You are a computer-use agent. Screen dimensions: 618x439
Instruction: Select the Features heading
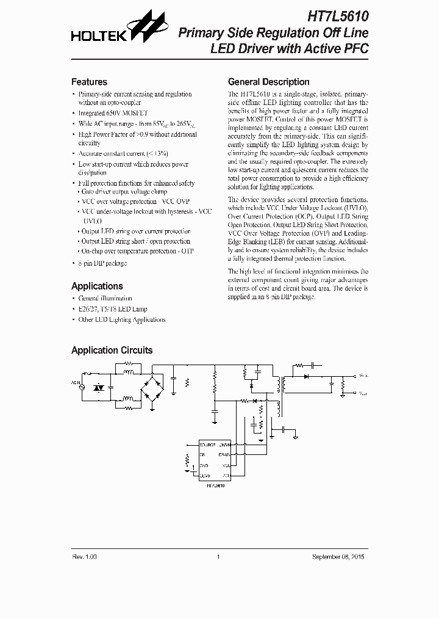coord(89,82)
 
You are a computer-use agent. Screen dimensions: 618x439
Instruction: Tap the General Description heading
coord(268,82)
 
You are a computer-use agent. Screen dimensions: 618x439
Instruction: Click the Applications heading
coord(97,286)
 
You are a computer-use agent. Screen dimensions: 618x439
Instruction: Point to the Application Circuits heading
coord(112,350)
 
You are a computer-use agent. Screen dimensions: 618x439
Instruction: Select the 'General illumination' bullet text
coord(105,298)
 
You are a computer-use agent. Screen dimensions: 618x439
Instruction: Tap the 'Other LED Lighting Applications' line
coord(122,319)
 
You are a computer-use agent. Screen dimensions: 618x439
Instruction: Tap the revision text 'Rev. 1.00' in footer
coord(84,557)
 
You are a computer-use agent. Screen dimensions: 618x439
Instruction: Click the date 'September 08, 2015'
coord(340,557)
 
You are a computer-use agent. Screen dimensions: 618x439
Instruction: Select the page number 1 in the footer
coord(218,557)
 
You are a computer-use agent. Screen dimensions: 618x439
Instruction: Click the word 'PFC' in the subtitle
coord(356,49)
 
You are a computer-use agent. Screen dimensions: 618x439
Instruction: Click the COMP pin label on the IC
coord(205,474)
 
